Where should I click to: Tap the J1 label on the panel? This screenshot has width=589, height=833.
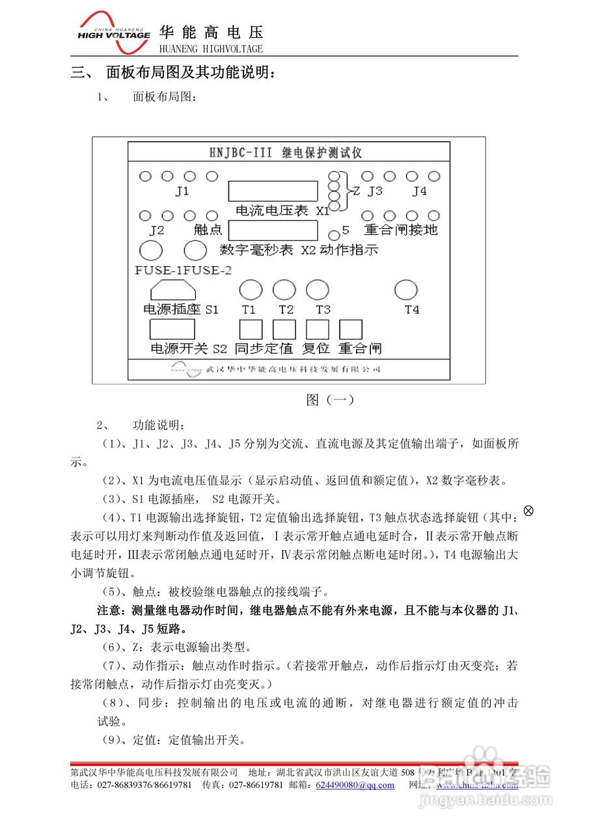[182, 191]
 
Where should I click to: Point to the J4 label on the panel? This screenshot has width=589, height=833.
[420, 191]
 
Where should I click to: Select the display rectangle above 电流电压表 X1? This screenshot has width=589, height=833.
[273, 191]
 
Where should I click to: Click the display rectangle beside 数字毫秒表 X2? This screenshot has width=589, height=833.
[273, 231]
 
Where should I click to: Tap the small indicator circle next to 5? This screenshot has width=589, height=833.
[334, 235]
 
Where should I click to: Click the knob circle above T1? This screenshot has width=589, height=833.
[251, 290]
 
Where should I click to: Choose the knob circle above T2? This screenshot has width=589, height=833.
[284, 290]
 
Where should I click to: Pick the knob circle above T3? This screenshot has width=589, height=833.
[318, 290]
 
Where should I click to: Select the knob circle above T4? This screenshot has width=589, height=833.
[406, 290]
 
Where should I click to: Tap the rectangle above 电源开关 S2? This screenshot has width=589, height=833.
[172, 329]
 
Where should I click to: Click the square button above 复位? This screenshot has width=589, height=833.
[318, 329]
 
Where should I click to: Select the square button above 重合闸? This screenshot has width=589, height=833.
[351, 329]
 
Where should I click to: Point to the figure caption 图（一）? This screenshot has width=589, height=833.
[330, 400]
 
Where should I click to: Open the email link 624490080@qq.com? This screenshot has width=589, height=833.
[355, 785]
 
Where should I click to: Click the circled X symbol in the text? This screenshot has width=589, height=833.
[528, 511]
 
